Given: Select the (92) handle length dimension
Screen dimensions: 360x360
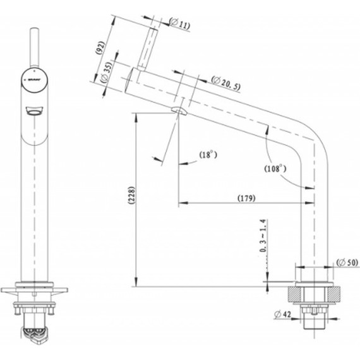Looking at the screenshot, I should pos(100,49).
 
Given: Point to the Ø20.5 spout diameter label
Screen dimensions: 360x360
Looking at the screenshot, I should pos(225,82).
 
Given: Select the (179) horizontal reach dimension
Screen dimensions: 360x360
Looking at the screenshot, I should pos(246,198).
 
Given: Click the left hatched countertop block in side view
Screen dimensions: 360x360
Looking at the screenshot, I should pos(294,292).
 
